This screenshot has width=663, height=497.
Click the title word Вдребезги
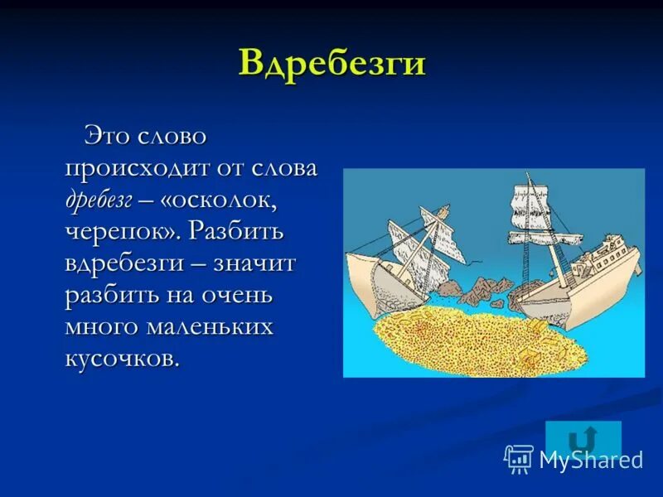331,63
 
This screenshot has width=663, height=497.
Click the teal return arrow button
583,439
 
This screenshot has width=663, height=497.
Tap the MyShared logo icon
519,458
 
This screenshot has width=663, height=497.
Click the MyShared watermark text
590,460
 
